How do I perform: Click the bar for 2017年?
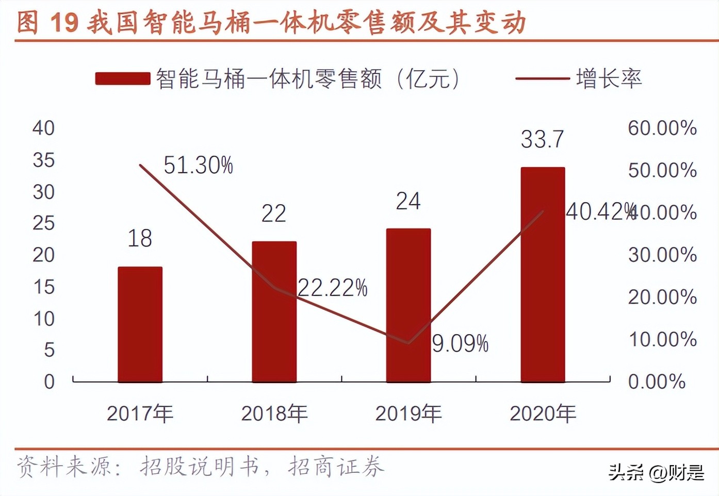[140, 324]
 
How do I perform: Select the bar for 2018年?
[274, 311]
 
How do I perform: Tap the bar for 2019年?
[408, 305]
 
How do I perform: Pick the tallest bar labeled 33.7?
[543, 274]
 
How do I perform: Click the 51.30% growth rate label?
[198, 166]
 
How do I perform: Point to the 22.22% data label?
[333, 288]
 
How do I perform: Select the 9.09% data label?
[460, 344]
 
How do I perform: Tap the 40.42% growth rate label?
[598, 212]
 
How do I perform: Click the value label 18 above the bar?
[139, 238]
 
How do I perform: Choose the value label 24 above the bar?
[408, 201]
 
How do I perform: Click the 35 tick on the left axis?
[43, 160]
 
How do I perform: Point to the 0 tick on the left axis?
[49, 382]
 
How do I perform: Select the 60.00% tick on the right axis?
[662, 128]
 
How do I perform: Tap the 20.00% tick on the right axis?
[662, 297]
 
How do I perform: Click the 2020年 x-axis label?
[543, 414]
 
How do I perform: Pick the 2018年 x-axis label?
[274, 414]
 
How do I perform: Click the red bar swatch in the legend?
[122, 79]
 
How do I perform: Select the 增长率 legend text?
[609, 79]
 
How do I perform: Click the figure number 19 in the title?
[64, 22]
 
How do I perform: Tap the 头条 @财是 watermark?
[656, 471]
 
